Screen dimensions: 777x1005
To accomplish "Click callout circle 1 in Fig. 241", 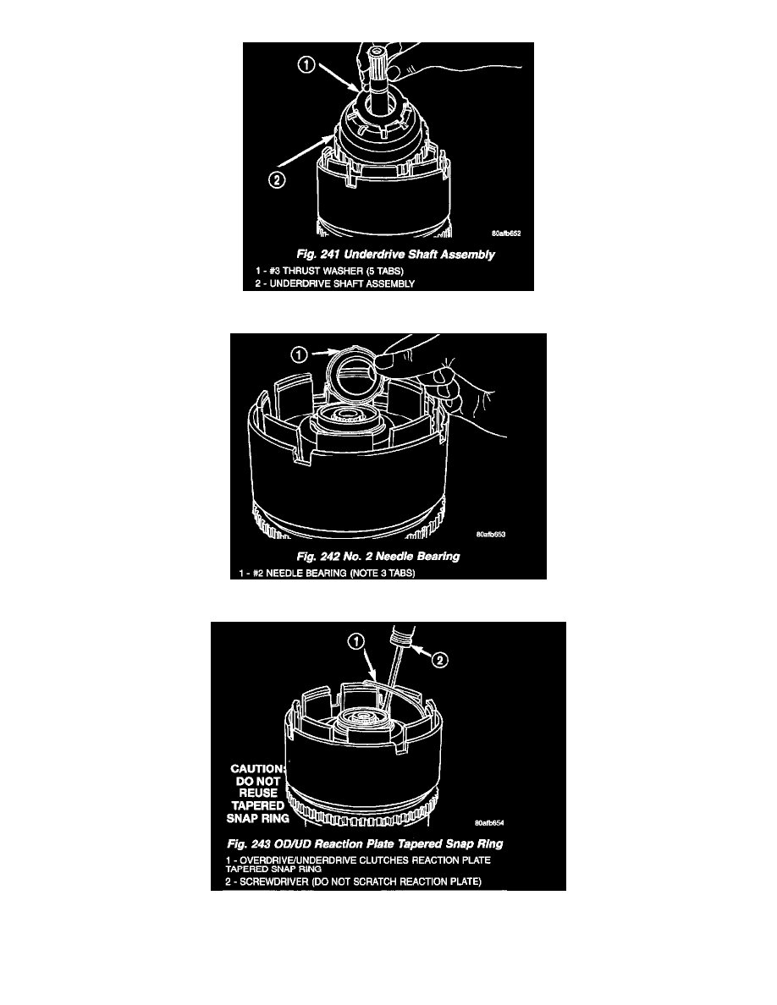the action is pyautogui.click(x=307, y=65).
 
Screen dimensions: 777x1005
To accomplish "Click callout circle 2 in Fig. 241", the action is pyautogui.click(x=276, y=181).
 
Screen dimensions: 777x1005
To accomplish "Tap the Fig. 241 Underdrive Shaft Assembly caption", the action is pyautogui.click(x=395, y=255).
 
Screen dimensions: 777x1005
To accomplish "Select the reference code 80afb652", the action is pyautogui.click(x=506, y=233).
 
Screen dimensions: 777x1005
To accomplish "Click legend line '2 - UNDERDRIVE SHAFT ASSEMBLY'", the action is pyautogui.click(x=334, y=283).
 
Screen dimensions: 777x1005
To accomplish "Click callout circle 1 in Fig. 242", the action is pyautogui.click(x=300, y=354).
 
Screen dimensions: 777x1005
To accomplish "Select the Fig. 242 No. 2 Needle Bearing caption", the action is pyautogui.click(x=378, y=557).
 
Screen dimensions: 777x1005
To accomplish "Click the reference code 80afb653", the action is pyautogui.click(x=490, y=534).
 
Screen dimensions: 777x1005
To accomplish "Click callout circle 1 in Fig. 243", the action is pyautogui.click(x=355, y=641).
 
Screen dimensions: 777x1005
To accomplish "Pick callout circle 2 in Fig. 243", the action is pyautogui.click(x=440, y=660).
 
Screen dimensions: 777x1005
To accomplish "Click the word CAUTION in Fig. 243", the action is pyautogui.click(x=257, y=768).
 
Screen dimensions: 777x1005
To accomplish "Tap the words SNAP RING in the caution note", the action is pyautogui.click(x=257, y=818).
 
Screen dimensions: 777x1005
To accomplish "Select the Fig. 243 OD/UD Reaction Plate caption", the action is pyautogui.click(x=365, y=844).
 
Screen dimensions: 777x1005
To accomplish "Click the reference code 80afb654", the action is pyautogui.click(x=489, y=823).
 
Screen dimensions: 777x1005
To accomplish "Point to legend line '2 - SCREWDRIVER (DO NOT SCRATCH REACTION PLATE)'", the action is pyautogui.click(x=353, y=881).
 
